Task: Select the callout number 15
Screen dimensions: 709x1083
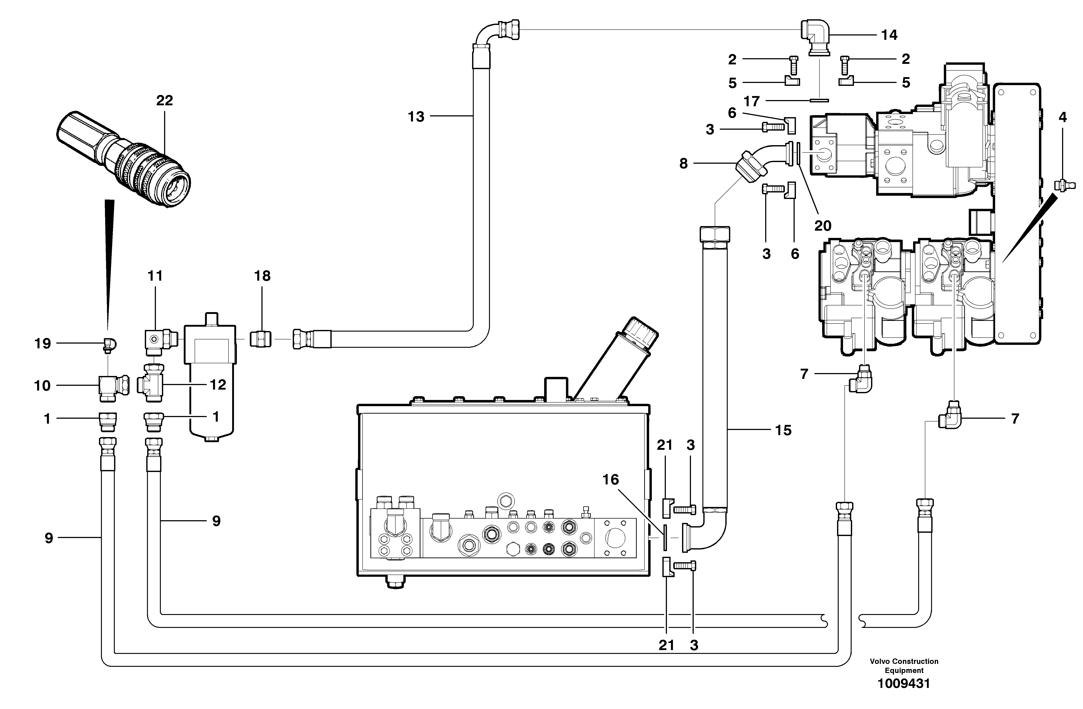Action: [783, 430]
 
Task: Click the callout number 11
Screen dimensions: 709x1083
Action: [155, 276]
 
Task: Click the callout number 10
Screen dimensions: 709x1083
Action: [42, 386]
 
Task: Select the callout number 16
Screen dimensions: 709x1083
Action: [611, 480]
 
